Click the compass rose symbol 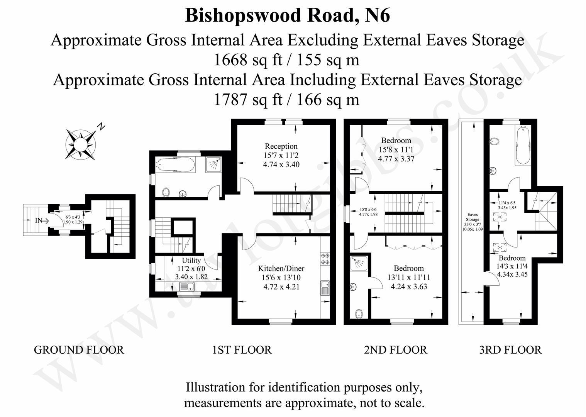81,144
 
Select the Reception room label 281,146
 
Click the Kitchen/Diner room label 281,268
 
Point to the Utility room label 191,260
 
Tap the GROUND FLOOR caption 79,350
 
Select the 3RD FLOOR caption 510,350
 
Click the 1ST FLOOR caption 242,350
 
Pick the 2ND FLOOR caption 395,350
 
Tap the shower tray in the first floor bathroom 213,164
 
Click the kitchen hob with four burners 325,258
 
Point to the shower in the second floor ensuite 359,264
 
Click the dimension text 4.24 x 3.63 409,286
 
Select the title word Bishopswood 242,16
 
